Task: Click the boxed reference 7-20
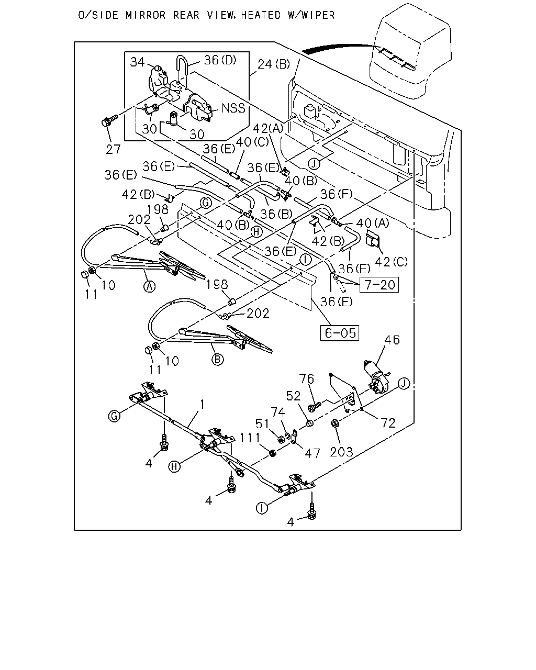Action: pyautogui.click(x=379, y=285)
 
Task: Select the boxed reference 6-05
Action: pyautogui.click(x=340, y=333)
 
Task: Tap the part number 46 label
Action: pyautogui.click(x=392, y=340)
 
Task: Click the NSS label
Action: pyautogui.click(x=233, y=108)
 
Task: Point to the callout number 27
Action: pyautogui.click(x=113, y=150)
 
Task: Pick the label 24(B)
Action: pyautogui.click(x=274, y=64)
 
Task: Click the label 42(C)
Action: pyautogui.click(x=391, y=262)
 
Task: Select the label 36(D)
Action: pyautogui.click(x=220, y=60)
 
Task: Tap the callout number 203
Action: pyautogui.click(x=342, y=452)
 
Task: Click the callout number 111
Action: pyautogui.click(x=250, y=438)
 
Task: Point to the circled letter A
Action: pyautogui.click(x=150, y=286)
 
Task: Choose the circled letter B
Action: pyautogui.click(x=217, y=360)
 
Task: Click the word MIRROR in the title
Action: pyautogui.click(x=146, y=15)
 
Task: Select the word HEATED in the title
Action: pyautogui.click(x=261, y=15)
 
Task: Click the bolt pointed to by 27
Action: pyautogui.click(x=109, y=120)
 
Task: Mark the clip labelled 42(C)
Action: pyautogui.click(x=372, y=239)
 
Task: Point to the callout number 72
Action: pyautogui.click(x=388, y=423)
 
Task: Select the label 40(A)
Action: pyautogui.click(x=373, y=223)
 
